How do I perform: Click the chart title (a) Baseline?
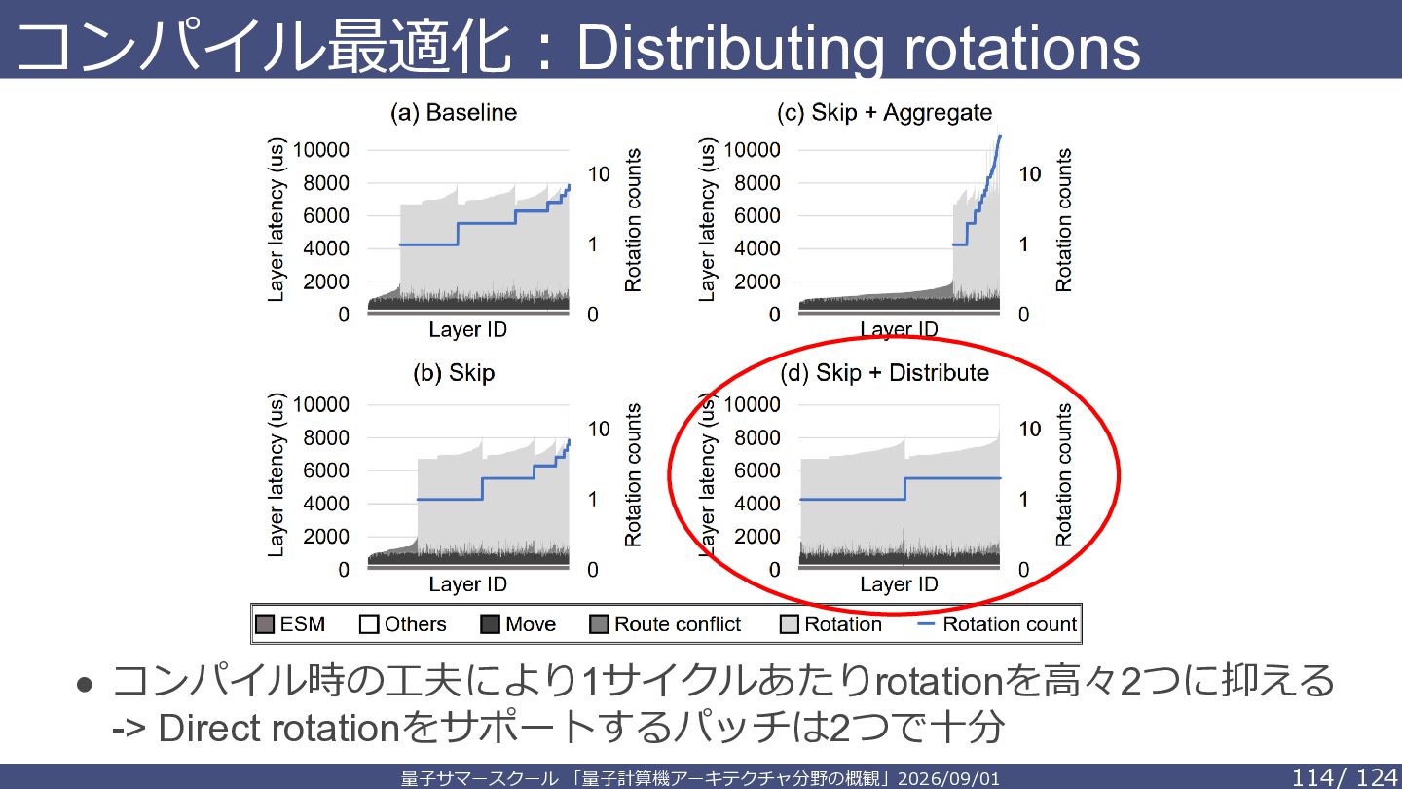[454, 113]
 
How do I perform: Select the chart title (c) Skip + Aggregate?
[884, 113]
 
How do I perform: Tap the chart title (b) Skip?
[454, 373]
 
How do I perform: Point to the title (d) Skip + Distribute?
[884, 373]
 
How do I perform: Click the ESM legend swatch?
[265, 624]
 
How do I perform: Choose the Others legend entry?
[402, 624]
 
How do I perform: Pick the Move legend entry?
[518, 624]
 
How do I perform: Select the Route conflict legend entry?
[665, 624]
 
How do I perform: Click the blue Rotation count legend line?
[925, 624]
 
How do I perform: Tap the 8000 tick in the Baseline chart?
[326, 183]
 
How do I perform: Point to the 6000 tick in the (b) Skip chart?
[326, 470]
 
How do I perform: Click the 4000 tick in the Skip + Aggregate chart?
[757, 248]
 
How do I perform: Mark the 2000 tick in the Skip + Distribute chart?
[757, 537]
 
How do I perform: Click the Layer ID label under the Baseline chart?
[467, 329]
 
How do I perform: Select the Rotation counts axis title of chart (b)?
[633, 475]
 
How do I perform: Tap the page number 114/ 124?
[1344, 777]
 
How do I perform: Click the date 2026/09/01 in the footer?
[948, 779]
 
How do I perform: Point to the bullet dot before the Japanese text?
[85, 685]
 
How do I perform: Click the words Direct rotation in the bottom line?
[278, 729]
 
